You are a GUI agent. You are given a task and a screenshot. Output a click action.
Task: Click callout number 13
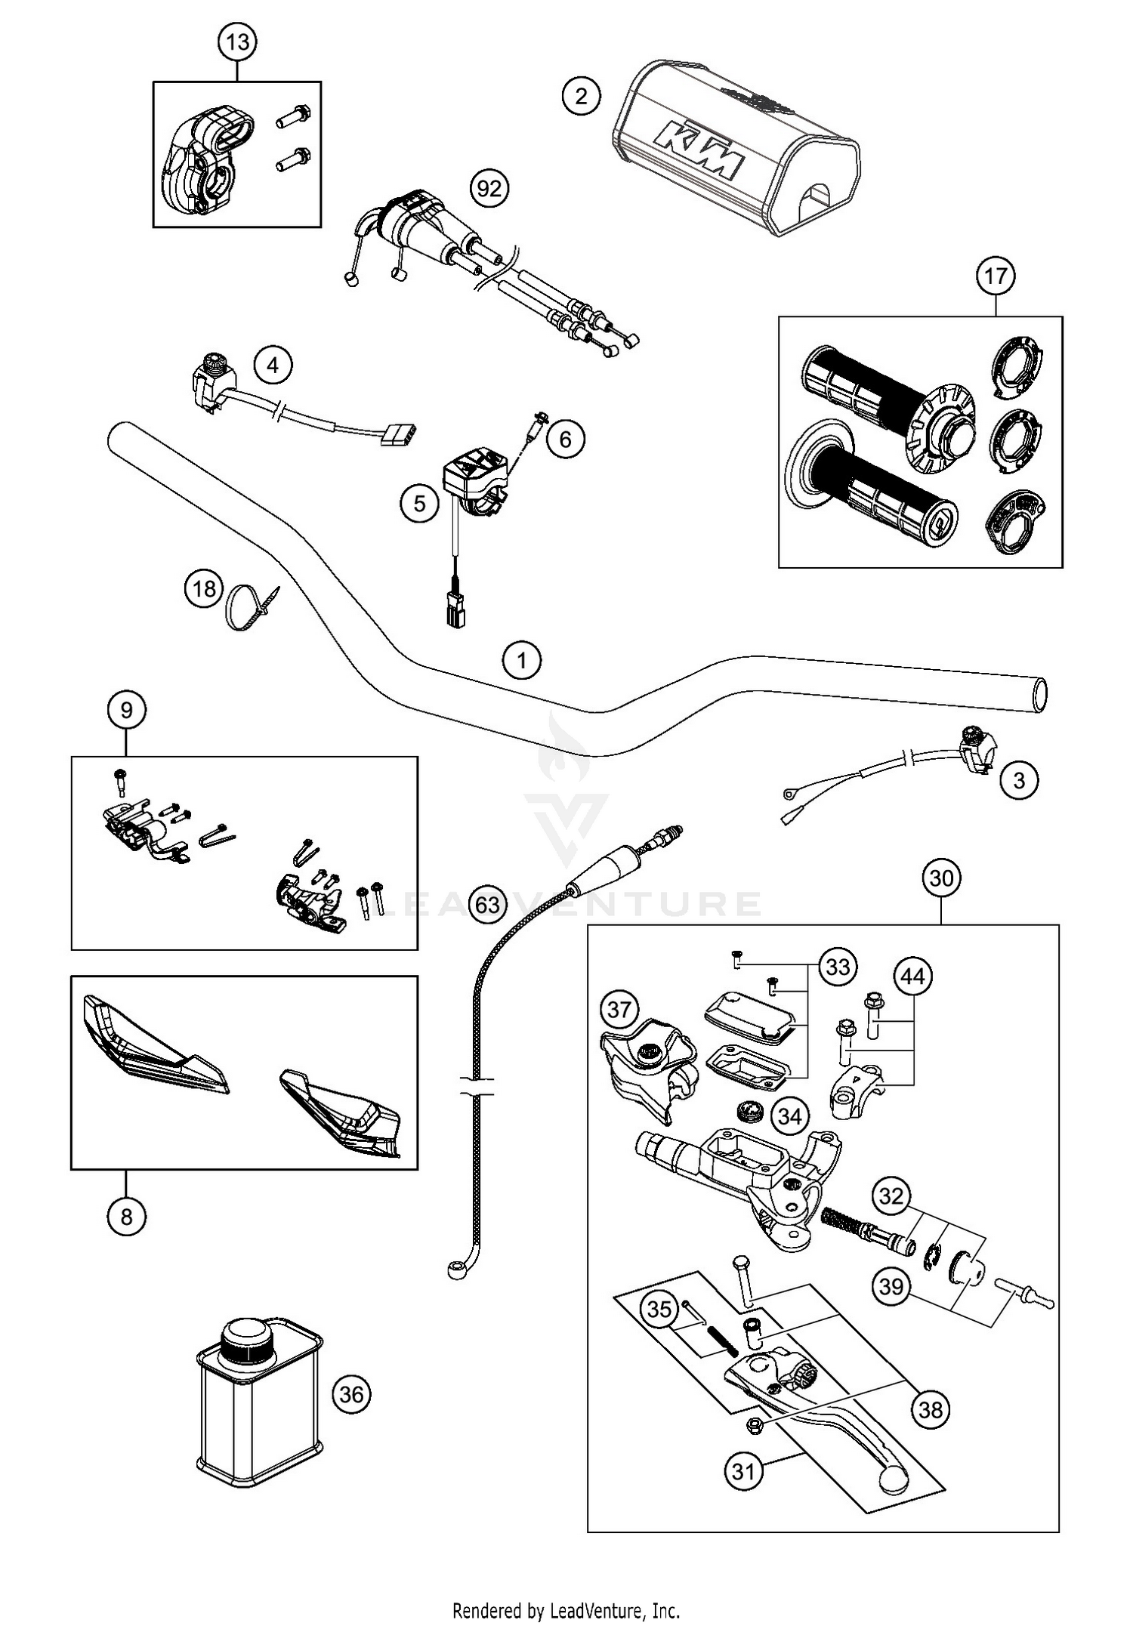(237, 42)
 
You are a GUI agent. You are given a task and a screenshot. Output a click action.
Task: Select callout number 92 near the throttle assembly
(489, 187)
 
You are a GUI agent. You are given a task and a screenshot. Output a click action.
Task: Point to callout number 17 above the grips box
(995, 276)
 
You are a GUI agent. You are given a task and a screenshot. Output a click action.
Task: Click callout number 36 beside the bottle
(351, 1393)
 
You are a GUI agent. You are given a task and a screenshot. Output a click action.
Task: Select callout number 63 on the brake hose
(488, 903)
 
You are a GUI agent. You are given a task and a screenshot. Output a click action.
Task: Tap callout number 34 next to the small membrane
(789, 1115)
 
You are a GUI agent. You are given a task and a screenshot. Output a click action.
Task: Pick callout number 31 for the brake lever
(744, 1471)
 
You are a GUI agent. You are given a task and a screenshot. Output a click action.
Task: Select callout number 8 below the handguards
(126, 1217)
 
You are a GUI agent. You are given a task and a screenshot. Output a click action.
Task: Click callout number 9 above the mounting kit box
(126, 710)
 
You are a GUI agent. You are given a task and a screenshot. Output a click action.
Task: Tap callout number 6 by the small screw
(566, 438)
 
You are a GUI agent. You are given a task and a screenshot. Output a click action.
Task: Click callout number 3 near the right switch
(1018, 780)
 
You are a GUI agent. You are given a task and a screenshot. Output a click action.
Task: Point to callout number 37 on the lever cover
(619, 1009)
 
